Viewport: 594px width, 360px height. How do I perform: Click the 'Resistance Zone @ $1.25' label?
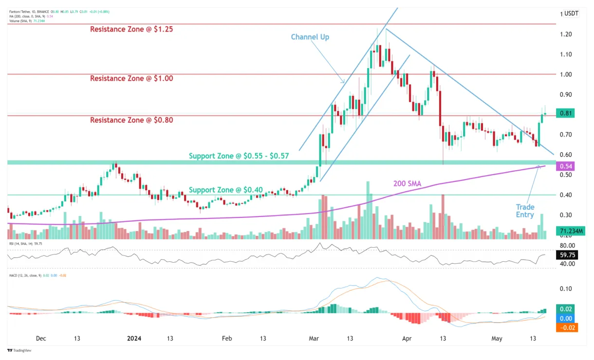coord(131,29)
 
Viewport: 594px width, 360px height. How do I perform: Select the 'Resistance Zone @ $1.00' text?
coord(131,78)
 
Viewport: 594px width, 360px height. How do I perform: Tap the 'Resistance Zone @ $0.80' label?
coord(131,120)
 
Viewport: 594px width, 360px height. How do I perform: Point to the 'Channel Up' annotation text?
coord(310,37)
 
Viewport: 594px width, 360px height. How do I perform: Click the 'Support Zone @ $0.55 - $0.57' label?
coord(239,156)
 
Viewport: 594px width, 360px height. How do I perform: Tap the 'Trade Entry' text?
coord(525,211)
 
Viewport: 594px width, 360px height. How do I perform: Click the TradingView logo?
coord(20,350)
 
